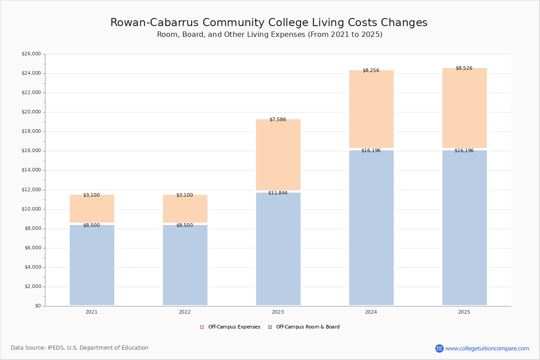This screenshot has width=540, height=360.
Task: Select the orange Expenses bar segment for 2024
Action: pyautogui.click(x=371, y=109)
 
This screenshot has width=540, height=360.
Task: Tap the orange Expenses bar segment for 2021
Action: pyautogui.click(x=92, y=209)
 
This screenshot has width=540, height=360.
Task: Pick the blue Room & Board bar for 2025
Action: pyautogui.click(x=464, y=228)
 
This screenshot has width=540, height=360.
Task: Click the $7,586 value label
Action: pyautogui.click(x=278, y=120)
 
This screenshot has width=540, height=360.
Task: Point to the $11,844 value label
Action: pyautogui.click(x=278, y=193)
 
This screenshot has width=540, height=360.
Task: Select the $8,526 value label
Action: pyautogui.click(x=464, y=68)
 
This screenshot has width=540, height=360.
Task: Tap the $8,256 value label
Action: pyautogui.click(x=371, y=71)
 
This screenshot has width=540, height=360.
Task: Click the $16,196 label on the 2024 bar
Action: pyautogui.click(x=371, y=151)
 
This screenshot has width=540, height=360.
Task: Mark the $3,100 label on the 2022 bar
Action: pyautogui.click(x=184, y=195)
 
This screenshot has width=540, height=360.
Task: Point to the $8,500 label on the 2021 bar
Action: pyautogui.click(x=91, y=225)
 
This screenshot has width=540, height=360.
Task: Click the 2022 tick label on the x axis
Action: pyautogui.click(x=184, y=312)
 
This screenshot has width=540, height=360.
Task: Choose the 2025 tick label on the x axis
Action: pyautogui.click(x=464, y=312)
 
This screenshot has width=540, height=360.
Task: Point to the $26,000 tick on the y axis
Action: pyautogui.click(x=31, y=54)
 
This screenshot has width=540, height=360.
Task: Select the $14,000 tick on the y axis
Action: pyautogui.click(x=31, y=170)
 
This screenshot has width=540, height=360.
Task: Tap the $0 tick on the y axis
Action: pyautogui.click(x=37, y=306)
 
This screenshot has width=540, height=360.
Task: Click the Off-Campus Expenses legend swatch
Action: pyautogui.click(x=202, y=327)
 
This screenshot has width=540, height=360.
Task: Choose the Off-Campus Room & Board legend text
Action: pyautogui.click(x=308, y=327)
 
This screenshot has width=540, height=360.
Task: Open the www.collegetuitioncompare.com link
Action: pyautogui.click(x=487, y=348)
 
